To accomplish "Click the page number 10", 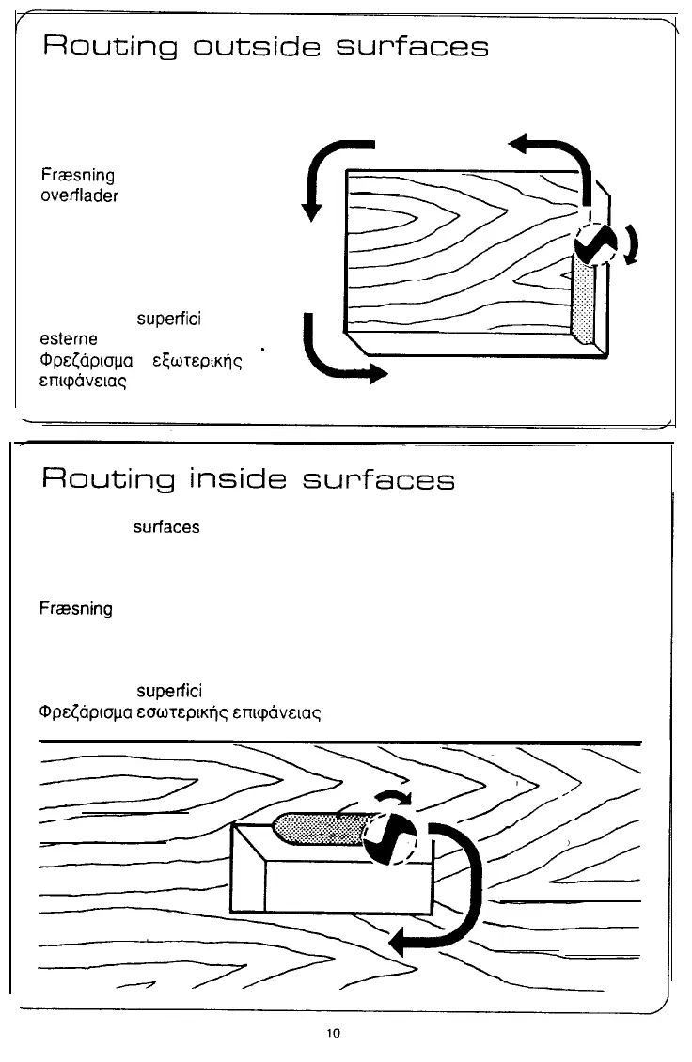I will point(333,1033).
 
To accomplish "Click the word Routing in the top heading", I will point(103,47).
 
